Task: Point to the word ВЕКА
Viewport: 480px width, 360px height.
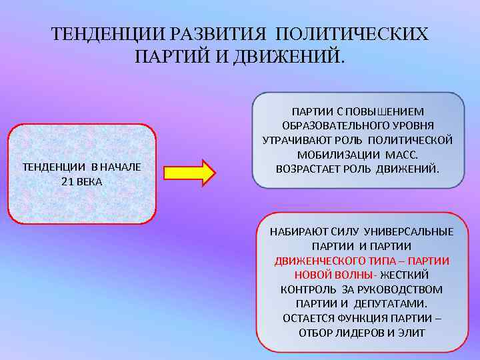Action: click(x=89, y=181)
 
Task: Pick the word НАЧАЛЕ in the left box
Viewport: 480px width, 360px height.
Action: click(x=120, y=167)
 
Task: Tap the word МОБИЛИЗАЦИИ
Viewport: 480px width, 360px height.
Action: click(x=331, y=154)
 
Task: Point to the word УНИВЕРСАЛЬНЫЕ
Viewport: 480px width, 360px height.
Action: click(x=416, y=231)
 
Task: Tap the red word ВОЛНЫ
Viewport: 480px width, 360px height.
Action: click(x=354, y=275)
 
